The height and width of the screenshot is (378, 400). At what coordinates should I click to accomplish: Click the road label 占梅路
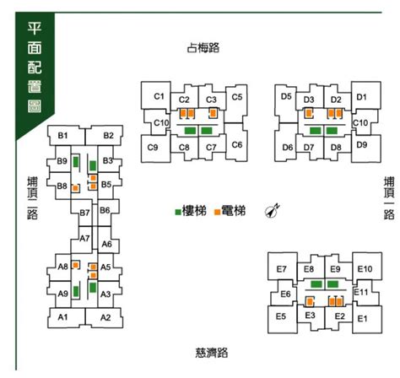tap(203, 47)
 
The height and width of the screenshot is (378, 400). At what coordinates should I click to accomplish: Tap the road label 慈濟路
tap(212, 353)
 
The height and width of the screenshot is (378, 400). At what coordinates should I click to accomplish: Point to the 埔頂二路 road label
tap(32, 198)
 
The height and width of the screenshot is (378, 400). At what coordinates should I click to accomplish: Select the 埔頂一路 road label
tap(389, 198)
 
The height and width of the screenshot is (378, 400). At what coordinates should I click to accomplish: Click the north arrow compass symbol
tap(273, 210)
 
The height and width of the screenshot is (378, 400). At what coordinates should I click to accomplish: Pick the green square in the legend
tap(178, 212)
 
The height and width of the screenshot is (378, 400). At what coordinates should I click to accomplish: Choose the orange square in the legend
tap(217, 212)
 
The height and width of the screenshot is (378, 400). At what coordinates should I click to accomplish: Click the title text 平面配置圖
tap(35, 67)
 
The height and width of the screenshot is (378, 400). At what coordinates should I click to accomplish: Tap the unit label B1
tap(62, 136)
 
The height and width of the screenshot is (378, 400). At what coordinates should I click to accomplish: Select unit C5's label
tap(237, 97)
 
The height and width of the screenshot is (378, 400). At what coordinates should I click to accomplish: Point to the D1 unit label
tap(362, 97)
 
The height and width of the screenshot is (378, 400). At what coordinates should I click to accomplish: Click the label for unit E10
tap(365, 269)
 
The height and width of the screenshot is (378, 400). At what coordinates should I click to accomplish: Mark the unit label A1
tap(62, 317)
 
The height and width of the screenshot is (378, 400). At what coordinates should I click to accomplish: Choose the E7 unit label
tap(281, 269)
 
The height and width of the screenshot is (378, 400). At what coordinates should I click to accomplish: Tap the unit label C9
tap(153, 147)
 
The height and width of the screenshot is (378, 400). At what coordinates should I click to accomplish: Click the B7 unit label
tap(84, 213)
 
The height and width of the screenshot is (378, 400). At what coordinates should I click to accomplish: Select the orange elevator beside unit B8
tap(75, 188)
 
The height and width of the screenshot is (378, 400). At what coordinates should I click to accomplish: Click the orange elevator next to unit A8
tap(75, 265)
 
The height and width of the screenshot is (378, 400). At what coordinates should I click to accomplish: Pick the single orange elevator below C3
tap(213, 113)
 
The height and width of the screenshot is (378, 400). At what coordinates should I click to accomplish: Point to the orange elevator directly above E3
tap(310, 302)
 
